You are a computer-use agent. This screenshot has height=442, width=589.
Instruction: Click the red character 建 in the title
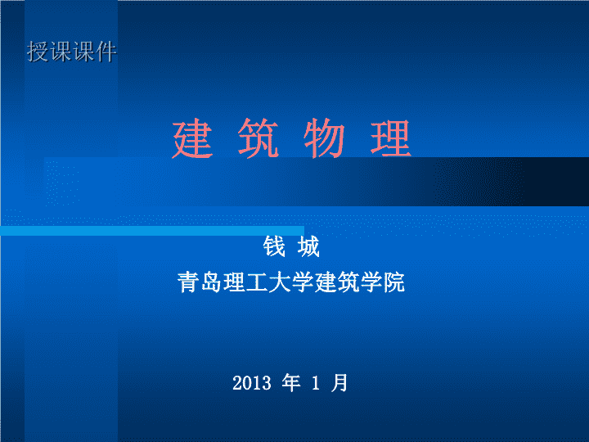click(193, 138)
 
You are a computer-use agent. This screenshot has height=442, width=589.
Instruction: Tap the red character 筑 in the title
click(259, 138)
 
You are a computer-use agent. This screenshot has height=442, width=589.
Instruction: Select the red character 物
click(324, 138)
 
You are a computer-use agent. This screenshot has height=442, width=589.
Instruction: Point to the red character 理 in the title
click(391, 138)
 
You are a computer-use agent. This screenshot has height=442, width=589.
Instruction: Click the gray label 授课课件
click(72, 52)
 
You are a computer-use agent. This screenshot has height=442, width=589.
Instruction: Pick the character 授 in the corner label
click(38, 52)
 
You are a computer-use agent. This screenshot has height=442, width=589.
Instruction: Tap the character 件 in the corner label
click(106, 52)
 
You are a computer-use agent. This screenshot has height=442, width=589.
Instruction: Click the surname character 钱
click(274, 246)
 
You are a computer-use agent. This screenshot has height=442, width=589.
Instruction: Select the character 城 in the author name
click(308, 246)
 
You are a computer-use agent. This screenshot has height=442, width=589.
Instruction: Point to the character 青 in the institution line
click(189, 282)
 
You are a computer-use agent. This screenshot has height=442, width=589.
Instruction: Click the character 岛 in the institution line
click(211, 282)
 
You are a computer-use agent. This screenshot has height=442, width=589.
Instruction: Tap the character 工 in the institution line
click(257, 282)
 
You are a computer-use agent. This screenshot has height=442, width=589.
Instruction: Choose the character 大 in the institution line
click(280, 282)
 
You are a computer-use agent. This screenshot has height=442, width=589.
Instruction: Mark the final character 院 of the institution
click(394, 282)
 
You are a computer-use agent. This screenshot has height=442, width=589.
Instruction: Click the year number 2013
click(252, 383)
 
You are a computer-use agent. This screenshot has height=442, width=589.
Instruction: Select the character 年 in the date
click(291, 383)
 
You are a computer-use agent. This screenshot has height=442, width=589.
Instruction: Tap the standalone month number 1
click(316, 383)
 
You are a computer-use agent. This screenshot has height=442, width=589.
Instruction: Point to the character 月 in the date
click(339, 383)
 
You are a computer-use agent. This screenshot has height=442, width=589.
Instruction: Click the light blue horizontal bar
click(152, 231)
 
